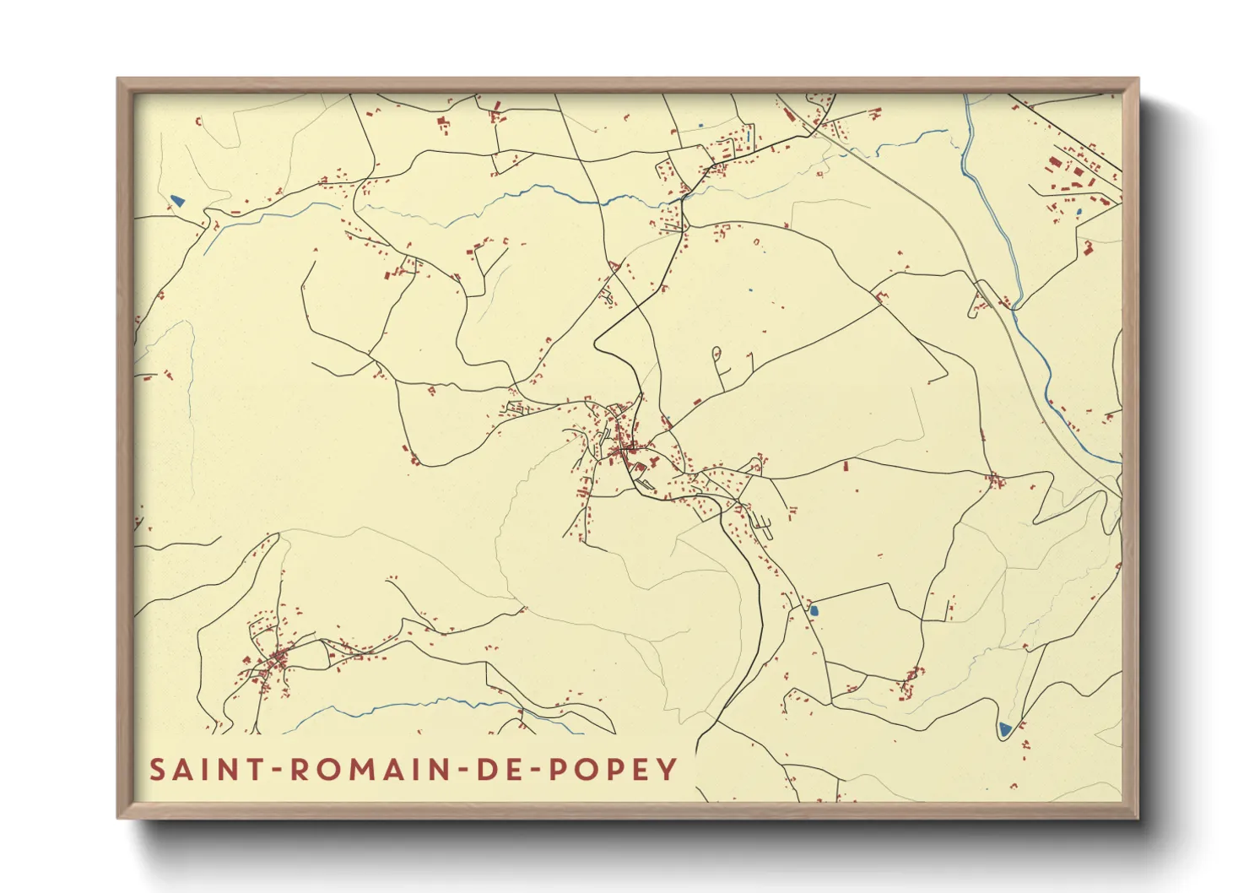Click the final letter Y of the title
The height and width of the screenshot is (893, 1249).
(668, 770)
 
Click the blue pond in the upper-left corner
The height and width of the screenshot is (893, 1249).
(177, 201)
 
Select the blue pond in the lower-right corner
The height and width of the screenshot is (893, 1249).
(1004, 728)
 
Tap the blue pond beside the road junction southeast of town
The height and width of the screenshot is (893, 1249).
(814, 608)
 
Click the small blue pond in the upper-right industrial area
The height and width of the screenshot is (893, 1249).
(1078, 212)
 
